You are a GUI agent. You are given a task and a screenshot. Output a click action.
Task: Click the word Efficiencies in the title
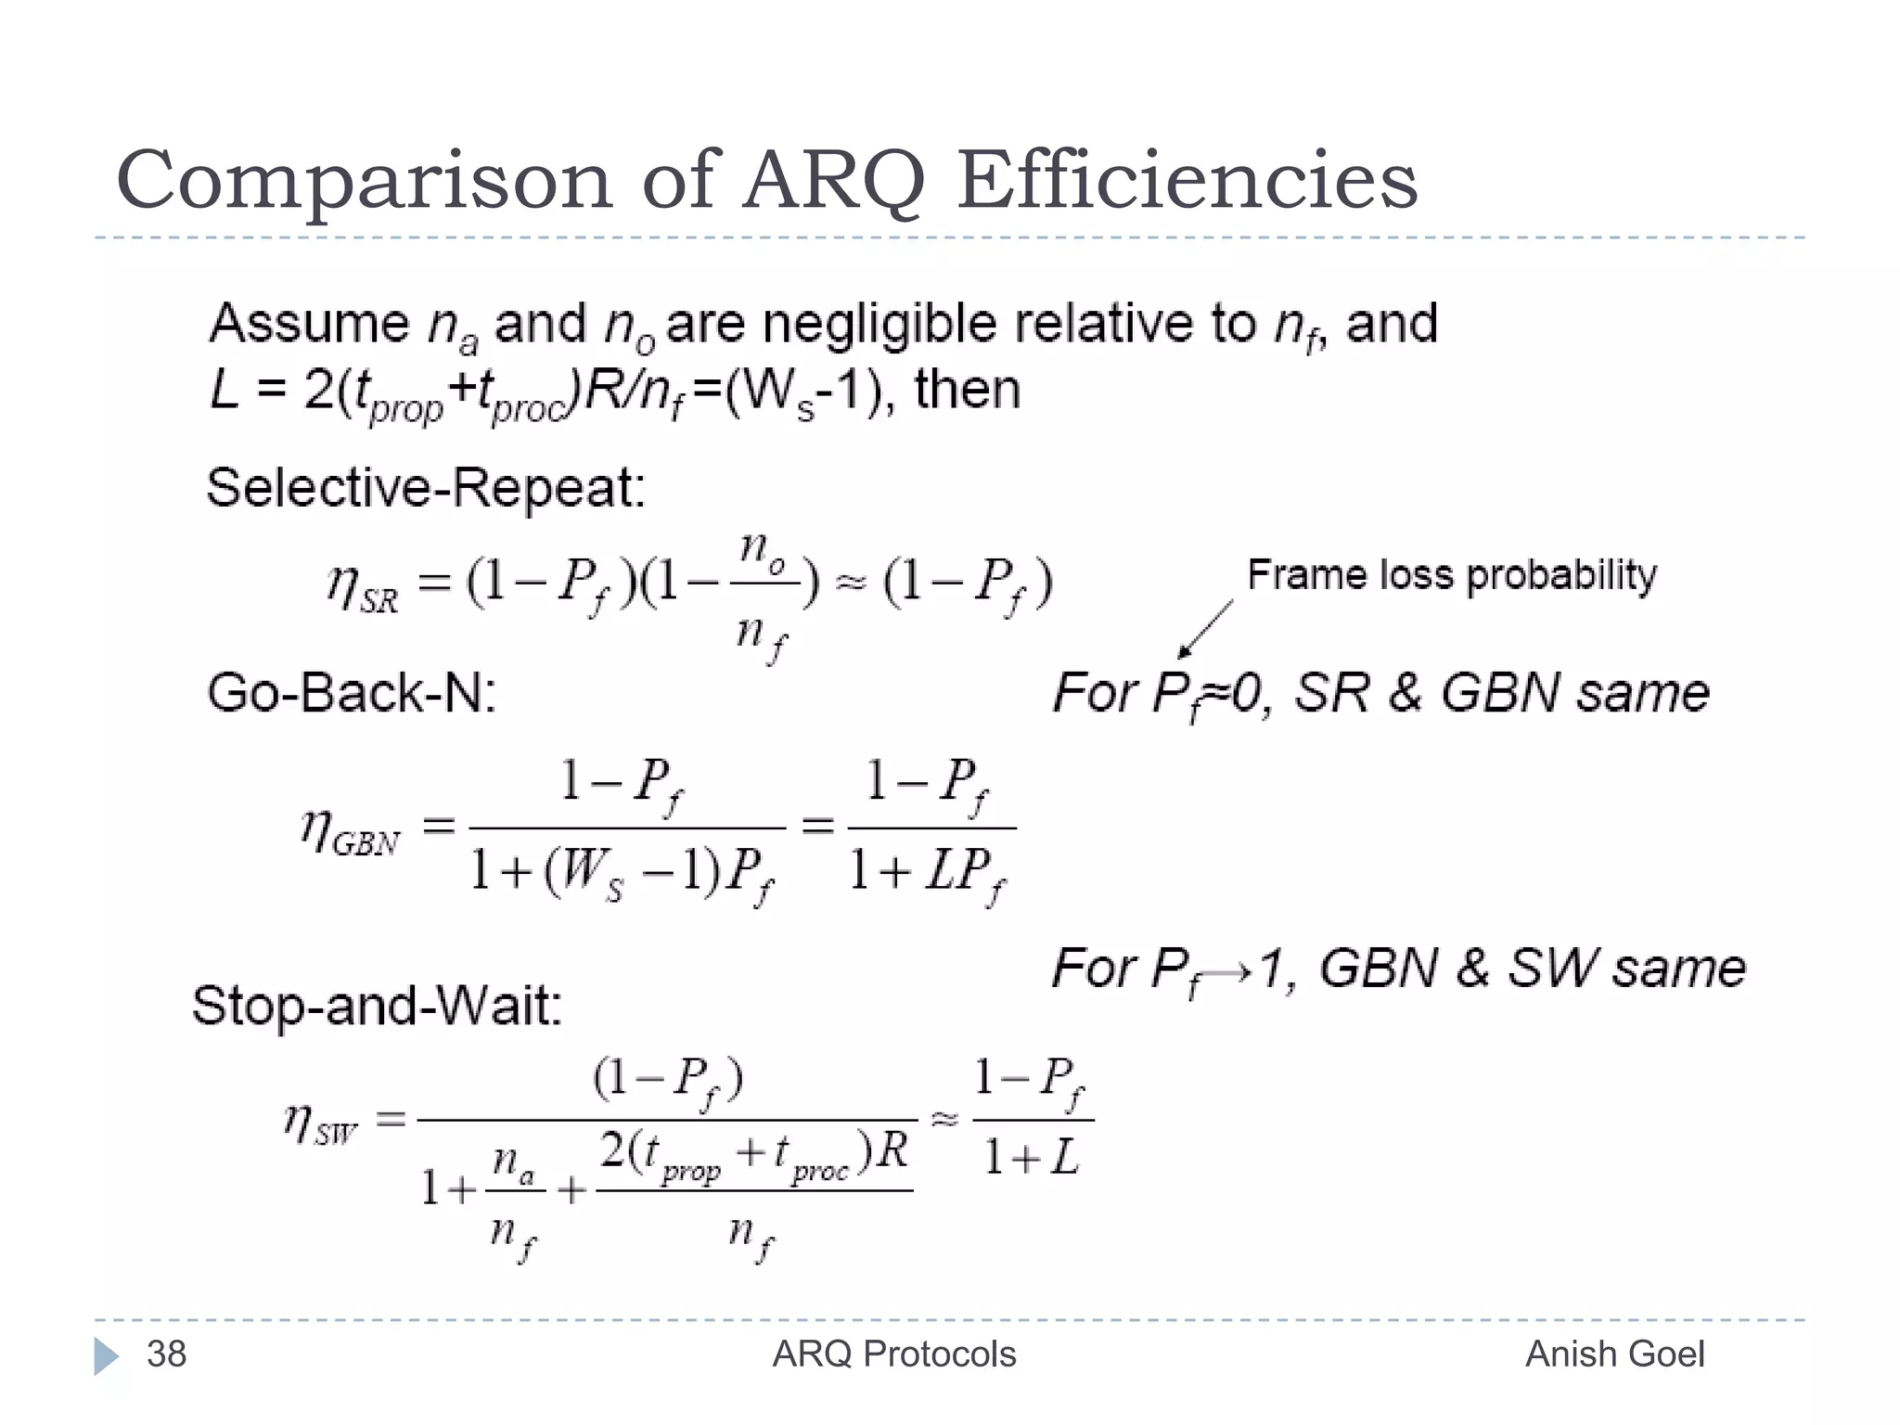pyautogui.click(x=1187, y=180)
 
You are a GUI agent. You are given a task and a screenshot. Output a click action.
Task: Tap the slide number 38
pyautogui.click(x=167, y=1354)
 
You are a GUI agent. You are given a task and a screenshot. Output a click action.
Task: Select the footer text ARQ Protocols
pyautogui.click(x=894, y=1354)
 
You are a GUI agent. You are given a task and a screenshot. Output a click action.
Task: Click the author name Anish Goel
pyautogui.click(x=1614, y=1354)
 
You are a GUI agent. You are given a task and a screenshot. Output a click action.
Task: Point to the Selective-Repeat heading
pyautogui.click(x=426, y=487)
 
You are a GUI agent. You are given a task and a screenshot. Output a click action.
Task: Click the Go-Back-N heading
pyautogui.click(x=352, y=693)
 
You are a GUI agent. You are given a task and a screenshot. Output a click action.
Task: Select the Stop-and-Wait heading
pyautogui.click(x=377, y=1005)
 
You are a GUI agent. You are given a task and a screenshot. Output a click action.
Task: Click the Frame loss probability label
pyautogui.click(x=1452, y=575)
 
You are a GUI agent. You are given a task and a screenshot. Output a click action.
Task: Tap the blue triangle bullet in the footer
pyautogui.click(x=106, y=1356)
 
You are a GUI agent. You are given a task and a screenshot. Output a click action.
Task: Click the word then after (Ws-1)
pyautogui.click(x=968, y=390)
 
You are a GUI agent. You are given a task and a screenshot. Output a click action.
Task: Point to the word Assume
pyautogui.click(x=309, y=324)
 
